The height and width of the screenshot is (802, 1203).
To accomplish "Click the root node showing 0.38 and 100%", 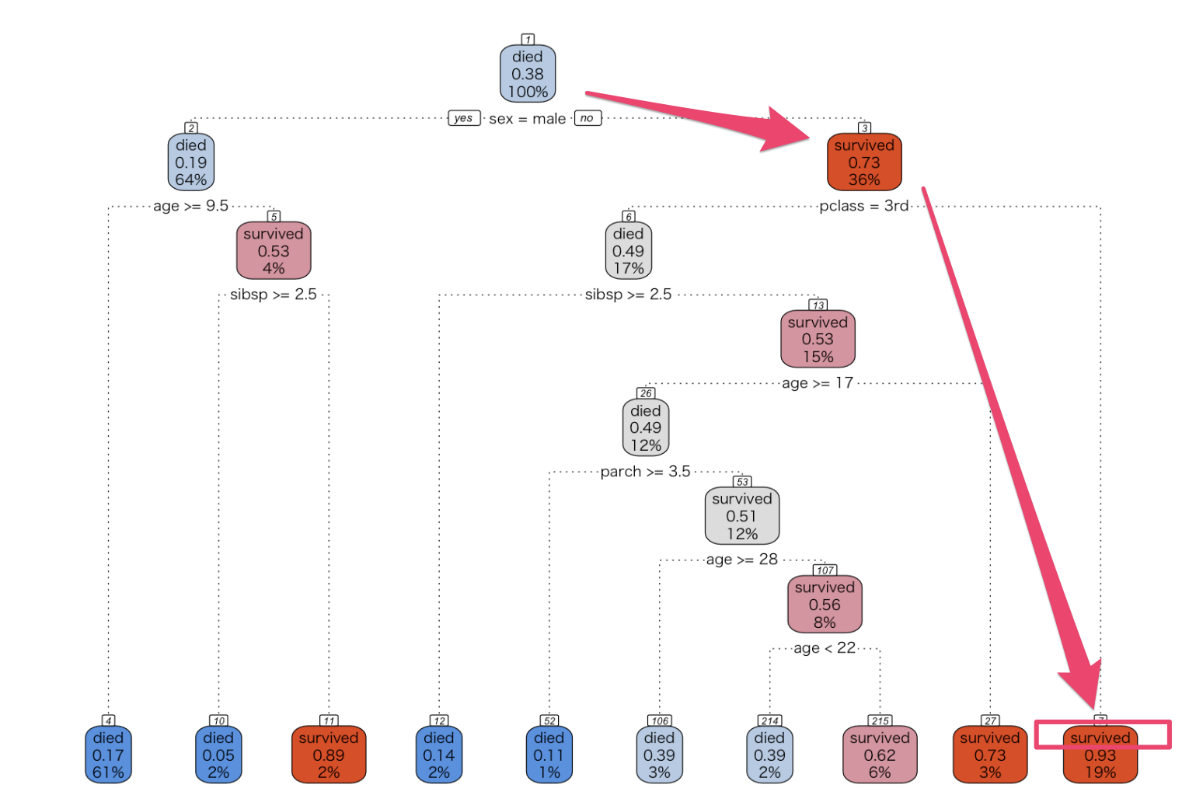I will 528,74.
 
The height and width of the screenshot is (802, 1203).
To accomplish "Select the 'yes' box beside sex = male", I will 463,118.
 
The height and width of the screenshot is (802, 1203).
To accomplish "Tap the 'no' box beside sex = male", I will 587,118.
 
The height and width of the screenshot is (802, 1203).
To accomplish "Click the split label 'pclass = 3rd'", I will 863,206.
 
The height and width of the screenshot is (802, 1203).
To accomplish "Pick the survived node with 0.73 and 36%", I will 864,162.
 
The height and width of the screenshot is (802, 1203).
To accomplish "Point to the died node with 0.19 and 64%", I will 190,162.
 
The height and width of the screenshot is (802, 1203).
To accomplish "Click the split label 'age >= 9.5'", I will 190,206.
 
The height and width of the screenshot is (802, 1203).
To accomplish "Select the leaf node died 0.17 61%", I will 108,755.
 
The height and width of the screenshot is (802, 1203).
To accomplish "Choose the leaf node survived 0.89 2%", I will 329,755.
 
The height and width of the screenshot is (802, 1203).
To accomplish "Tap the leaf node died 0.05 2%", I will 218,755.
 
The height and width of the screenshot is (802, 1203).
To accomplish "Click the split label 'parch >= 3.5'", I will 645,472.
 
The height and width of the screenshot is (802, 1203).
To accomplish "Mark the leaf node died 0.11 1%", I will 549,755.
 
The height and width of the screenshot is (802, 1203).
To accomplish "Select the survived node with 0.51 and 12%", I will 741,516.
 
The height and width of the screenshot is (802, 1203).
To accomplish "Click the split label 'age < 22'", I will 824,648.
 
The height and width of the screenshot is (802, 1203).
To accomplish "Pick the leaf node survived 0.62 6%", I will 880,755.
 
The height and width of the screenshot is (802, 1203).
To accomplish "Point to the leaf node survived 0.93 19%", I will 1100,755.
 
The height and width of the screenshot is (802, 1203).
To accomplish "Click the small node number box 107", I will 825,570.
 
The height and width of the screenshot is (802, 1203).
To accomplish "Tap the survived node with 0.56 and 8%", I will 825,605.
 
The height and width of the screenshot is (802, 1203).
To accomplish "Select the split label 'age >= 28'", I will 741,560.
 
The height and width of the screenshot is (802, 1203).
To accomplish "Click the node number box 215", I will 880,721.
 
